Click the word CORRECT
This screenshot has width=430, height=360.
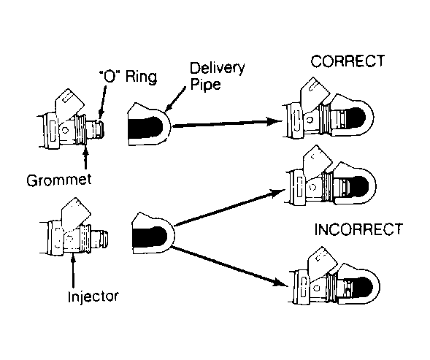348,61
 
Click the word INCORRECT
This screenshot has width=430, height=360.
358,229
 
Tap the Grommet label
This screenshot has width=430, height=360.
59,180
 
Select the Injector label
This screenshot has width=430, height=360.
93,296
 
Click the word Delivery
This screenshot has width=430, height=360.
218,69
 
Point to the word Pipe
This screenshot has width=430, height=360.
206,84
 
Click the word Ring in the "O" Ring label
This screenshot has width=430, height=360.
141,77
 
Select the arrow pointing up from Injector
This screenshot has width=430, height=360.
73,271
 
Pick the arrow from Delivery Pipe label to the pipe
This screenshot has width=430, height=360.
175,99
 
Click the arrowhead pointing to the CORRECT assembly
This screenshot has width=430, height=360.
274,121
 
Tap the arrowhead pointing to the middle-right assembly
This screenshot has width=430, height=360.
277,193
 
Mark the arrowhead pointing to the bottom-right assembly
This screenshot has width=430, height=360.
280,283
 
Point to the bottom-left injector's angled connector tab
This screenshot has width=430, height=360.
75,214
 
